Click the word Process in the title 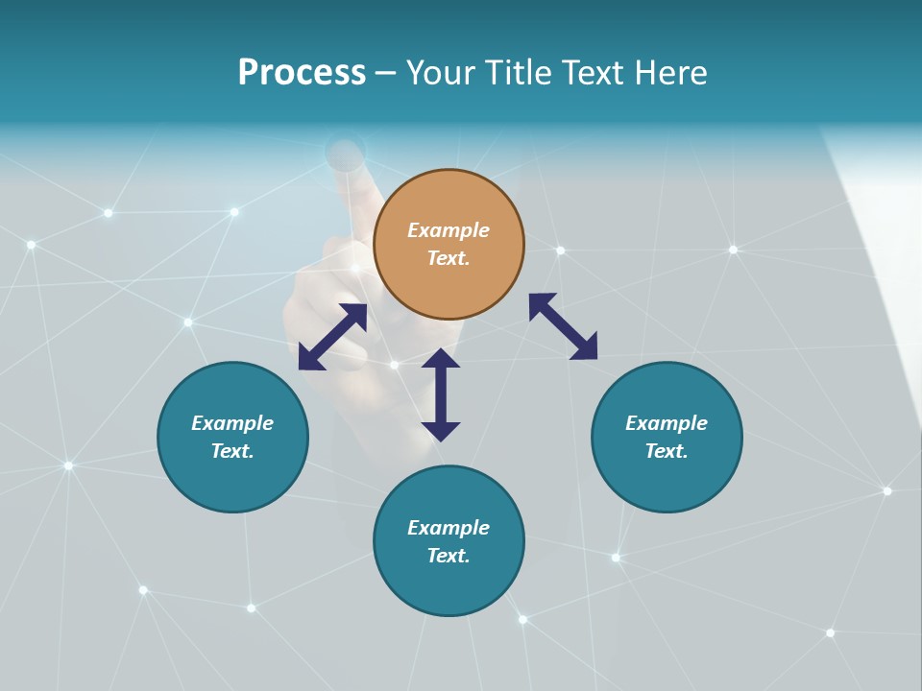302,73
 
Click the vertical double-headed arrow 441,394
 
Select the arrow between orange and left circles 332,337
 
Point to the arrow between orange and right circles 563,326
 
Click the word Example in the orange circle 449,230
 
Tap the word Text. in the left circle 232,451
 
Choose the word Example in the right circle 667,423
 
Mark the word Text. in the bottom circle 449,556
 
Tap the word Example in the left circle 232,423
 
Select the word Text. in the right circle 667,451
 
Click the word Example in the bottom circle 449,528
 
